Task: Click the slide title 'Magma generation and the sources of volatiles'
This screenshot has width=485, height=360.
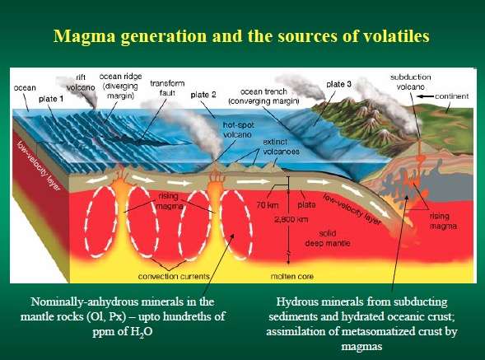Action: click(241, 36)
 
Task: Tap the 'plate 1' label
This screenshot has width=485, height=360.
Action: click(51, 99)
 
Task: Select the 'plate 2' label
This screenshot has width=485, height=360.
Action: click(203, 95)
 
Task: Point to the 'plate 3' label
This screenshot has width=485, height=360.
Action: click(338, 84)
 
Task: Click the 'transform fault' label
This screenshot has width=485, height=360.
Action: click(167, 88)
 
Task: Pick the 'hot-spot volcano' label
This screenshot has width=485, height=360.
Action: click(238, 130)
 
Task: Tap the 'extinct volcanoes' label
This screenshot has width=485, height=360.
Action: click(281, 147)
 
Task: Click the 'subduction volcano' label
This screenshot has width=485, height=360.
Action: click(410, 82)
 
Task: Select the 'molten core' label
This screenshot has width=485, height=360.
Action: click(292, 277)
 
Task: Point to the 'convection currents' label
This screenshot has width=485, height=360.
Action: click(174, 277)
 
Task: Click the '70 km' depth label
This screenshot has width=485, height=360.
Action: click(268, 205)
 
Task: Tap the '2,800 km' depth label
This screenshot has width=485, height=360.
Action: click(291, 219)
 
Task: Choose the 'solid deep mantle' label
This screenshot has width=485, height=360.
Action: click(328, 238)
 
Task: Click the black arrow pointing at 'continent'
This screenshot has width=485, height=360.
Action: click(425, 96)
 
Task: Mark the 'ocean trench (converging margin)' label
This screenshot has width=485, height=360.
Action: click(263, 96)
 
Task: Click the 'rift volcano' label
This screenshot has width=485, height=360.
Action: click(81, 82)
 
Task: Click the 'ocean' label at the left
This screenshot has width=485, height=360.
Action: click(25, 88)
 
